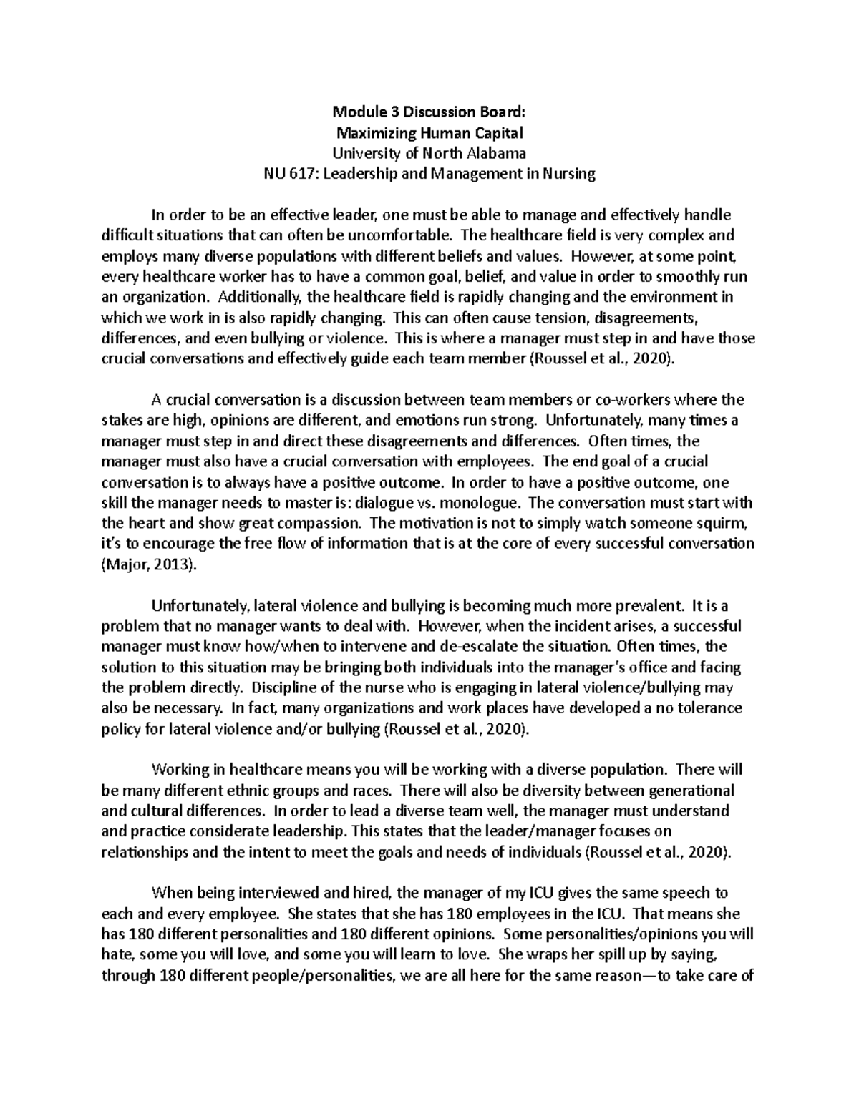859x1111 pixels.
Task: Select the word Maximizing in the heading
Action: point(372,132)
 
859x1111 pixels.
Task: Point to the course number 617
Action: point(301,174)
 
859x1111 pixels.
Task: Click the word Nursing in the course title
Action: point(571,174)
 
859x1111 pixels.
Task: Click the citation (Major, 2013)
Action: point(148,565)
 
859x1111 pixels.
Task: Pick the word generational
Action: point(691,791)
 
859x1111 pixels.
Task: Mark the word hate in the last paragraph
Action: point(117,955)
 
